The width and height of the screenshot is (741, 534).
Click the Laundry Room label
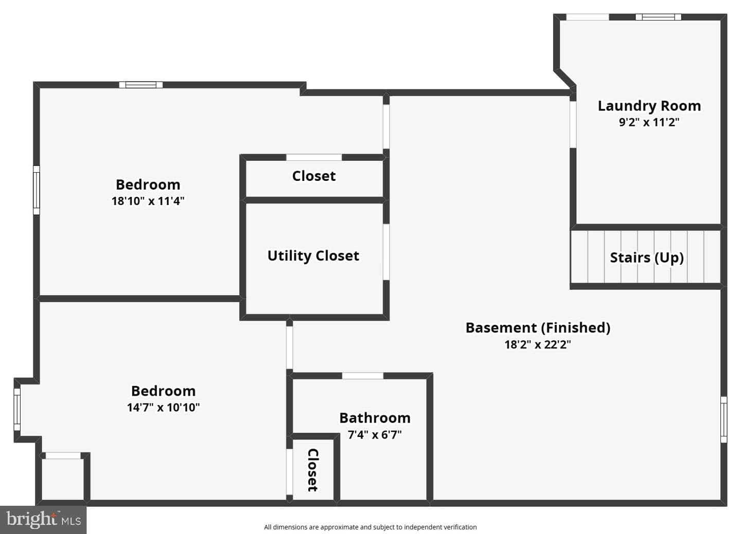point(649,106)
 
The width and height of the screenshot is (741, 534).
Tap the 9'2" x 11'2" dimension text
point(649,122)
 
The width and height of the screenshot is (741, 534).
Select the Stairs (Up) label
point(647,257)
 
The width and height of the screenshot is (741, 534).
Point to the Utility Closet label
point(313,256)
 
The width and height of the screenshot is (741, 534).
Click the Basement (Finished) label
point(538,328)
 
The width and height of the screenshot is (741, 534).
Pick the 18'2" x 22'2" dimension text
point(538,345)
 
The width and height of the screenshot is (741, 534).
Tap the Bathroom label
point(375,418)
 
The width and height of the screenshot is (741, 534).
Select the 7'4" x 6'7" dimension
point(375,434)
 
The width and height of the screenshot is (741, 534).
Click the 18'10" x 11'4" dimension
point(148,201)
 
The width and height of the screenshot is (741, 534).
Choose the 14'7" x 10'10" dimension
point(164,408)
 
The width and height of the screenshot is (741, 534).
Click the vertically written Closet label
point(313,470)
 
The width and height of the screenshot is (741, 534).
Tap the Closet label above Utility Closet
point(314,176)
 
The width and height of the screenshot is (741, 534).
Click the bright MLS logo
point(43,520)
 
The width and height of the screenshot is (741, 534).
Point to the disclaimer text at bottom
point(370,527)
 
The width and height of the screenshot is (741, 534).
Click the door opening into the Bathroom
point(363,376)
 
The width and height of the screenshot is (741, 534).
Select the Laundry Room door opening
point(573,124)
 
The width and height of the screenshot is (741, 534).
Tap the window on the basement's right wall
point(724,419)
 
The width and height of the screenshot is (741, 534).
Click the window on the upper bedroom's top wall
point(141,85)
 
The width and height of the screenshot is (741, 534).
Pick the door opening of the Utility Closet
point(386,252)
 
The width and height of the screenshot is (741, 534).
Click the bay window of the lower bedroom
point(17,410)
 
